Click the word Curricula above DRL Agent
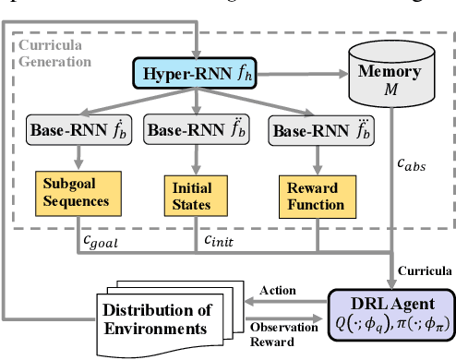coord(425,271)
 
